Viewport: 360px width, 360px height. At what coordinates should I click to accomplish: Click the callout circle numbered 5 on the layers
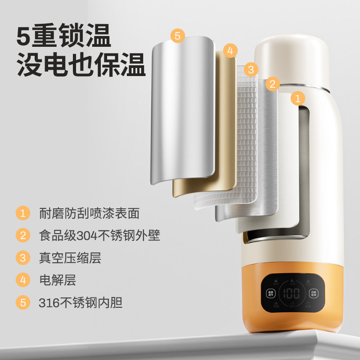[x=177, y=36]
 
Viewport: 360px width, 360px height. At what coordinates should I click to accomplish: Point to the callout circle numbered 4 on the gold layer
[x=229, y=50]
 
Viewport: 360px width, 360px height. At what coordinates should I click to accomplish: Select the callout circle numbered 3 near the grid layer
[x=252, y=69]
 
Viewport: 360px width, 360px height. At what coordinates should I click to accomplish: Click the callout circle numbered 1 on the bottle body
[x=297, y=98]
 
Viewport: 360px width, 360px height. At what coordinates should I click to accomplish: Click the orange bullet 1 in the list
[x=22, y=213]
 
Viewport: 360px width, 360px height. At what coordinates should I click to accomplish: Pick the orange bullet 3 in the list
[x=22, y=258]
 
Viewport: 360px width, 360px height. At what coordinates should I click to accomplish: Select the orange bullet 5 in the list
[x=22, y=303]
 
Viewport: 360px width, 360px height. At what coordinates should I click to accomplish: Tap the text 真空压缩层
[x=70, y=258]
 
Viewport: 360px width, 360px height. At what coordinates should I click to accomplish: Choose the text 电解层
[x=58, y=280]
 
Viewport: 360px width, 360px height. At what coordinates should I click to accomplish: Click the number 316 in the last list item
[x=48, y=303]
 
